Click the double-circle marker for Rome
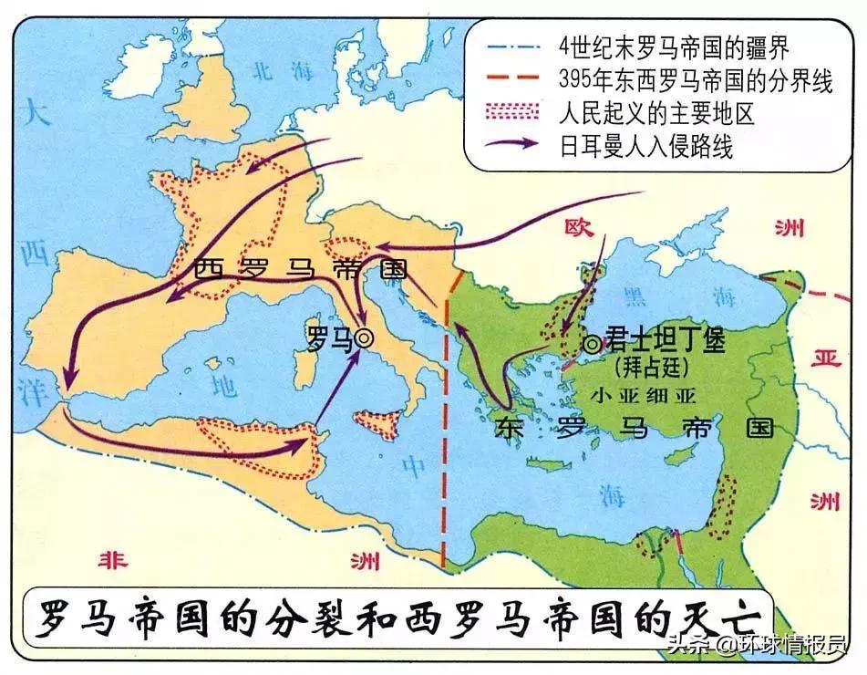365,338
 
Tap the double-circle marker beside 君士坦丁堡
593,345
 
